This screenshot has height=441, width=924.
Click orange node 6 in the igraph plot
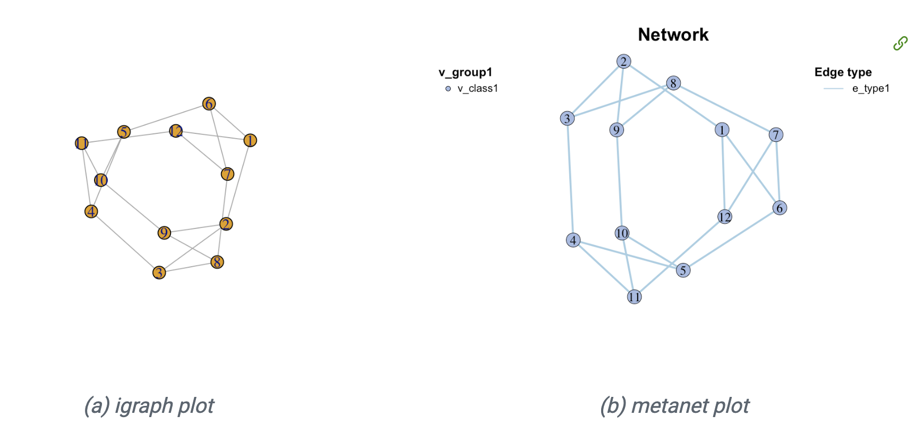click(x=209, y=104)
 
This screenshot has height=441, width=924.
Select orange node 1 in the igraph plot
click(x=250, y=140)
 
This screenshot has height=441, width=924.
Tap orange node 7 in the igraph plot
click(x=227, y=174)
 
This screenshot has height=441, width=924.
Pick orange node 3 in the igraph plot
click(x=159, y=273)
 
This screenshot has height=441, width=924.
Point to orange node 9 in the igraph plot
click(x=164, y=233)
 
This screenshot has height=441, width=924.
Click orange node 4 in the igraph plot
click(x=91, y=211)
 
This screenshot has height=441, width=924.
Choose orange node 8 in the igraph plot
click(x=217, y=262)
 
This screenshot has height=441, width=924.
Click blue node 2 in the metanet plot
click(x=624, y=62)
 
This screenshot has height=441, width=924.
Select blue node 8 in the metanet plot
click(x=673, y=83)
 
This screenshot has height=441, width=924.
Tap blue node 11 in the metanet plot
click(x=635, y=296)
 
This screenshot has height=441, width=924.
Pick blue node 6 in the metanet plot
click(x=780, y=208)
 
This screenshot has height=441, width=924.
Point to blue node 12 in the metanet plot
click(x=725, y=217)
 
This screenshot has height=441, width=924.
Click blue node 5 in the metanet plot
click(x=683, y=270)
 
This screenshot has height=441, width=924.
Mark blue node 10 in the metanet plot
click(x=622, y=233)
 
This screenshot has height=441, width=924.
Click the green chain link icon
click(x=900, y=43)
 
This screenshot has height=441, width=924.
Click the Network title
click(x=673, y=35)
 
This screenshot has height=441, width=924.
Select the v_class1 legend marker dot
click(x=448, y=89)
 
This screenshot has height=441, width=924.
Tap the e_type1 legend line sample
click(x=833, y=89)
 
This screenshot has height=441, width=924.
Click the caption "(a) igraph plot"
click(x=149, y=406)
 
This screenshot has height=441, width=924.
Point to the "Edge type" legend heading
click(x=843, y=72)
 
